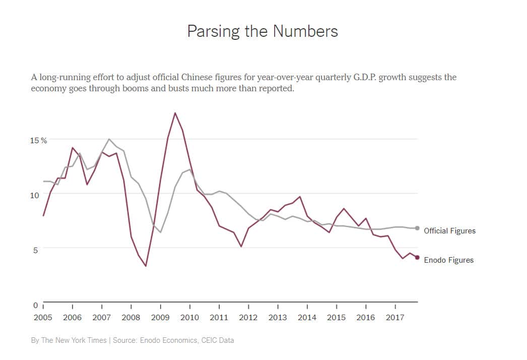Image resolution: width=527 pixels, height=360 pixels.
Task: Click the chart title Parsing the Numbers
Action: click(x=262, y=31)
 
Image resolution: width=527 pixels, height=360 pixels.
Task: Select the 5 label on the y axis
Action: click(x=36, y=250)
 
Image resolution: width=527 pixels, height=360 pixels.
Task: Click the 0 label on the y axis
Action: click(x=36, y=305)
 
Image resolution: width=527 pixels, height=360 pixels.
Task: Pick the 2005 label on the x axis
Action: click(x=43, y=317)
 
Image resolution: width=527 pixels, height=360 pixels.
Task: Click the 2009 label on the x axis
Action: click(x=160, y=317)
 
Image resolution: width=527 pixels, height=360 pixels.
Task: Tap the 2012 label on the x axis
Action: click(x=248, y=317)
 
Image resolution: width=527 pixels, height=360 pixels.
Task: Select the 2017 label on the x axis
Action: click(x=395, y=317)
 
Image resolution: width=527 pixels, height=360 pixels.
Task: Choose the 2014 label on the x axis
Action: click(x=307, y=317)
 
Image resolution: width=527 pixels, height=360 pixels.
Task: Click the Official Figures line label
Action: click(x=449, y=231)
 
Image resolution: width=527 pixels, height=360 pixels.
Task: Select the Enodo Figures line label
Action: click(x=448, y=260)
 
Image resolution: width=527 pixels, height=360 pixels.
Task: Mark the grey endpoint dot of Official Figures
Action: click(x=417, y=228)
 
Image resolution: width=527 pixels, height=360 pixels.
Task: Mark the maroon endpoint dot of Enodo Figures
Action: click(x=417, y=258)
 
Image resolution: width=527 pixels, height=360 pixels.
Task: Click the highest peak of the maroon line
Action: click(x=175, y=113)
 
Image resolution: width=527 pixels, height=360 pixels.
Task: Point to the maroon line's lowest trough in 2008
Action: click(x=146, y=266)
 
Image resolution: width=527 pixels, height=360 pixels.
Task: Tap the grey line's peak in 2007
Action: click(x=109, y=139)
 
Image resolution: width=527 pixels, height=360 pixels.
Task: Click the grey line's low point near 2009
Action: click(x=160, y=232)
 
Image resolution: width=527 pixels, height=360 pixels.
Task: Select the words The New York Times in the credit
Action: click(x=74, y=340)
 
